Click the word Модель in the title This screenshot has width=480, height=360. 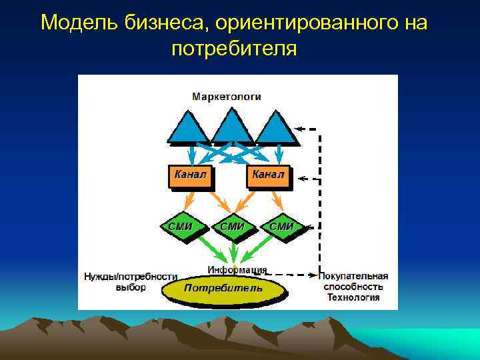point(79,23)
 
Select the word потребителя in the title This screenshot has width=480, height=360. point(233,48)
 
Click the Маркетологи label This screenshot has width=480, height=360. point(227,97)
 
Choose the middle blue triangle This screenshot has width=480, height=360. point(232,128)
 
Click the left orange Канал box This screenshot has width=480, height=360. point(190,176)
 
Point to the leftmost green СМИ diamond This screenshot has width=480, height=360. point(180,227)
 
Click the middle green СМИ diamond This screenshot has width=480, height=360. point(231,227)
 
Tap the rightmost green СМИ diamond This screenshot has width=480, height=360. point(281,227)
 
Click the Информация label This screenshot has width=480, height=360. point(237,270)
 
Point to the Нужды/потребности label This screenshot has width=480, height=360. point(131,276)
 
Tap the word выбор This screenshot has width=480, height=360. point(131,287)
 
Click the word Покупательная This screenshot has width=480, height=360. point(353,276)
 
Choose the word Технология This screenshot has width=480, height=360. point(353,297)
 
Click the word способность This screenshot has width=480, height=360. point(353,287)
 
